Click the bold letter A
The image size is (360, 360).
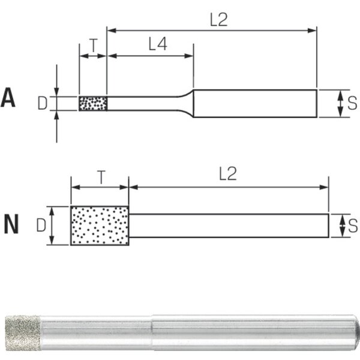[8, 97]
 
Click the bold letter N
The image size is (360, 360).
[11, 224]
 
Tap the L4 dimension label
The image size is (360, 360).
[158, 44]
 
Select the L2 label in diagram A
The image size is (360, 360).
[218, 20]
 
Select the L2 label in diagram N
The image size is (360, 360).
[228, 173]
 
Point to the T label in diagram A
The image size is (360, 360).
[94, 45]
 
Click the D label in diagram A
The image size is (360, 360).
[43, 103]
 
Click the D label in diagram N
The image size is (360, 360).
[41, 225]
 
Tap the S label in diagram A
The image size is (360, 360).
[352, 103]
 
